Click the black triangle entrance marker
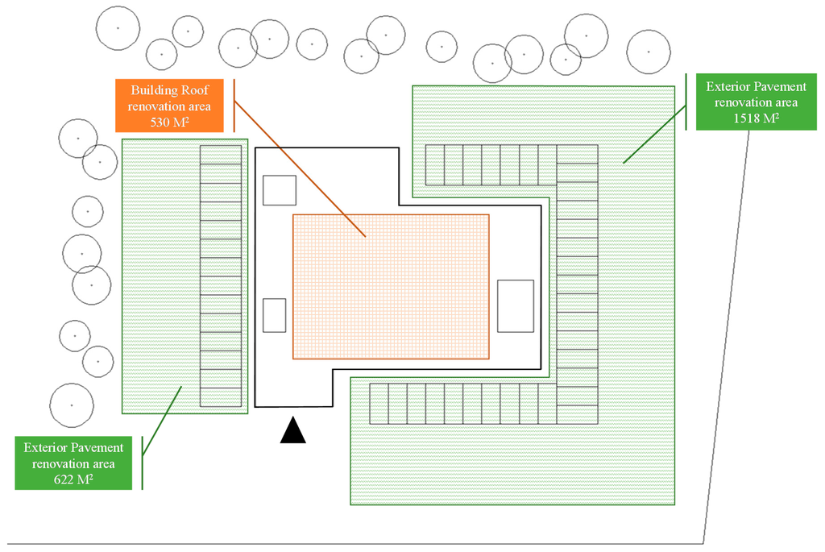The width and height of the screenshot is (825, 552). [x=293, y=432]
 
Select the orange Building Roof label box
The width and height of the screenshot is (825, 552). [x=169, y=105]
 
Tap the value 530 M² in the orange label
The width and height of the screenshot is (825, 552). [x=169, y=122]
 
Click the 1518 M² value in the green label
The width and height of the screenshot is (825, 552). [x=756, y=118]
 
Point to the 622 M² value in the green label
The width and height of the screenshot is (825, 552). [x=73, y=479]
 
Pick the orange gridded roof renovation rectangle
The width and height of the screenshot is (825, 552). [x=391, y=286]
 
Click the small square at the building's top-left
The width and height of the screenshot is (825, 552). [x=280, y=190]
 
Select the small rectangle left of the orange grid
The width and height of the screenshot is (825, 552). [x=275, y=315]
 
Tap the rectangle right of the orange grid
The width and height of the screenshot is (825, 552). [x=516, y=306]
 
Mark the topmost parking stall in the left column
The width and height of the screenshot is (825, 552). [x=221, y=155]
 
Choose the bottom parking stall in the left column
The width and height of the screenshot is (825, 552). [x=221, y=397]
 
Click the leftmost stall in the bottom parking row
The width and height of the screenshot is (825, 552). [x=379, y=404]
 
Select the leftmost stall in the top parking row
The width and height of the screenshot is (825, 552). [x=434, y=165]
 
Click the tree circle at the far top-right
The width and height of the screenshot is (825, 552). [x=649, y=52]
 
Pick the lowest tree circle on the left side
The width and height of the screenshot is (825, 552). [x=72, y=405]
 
